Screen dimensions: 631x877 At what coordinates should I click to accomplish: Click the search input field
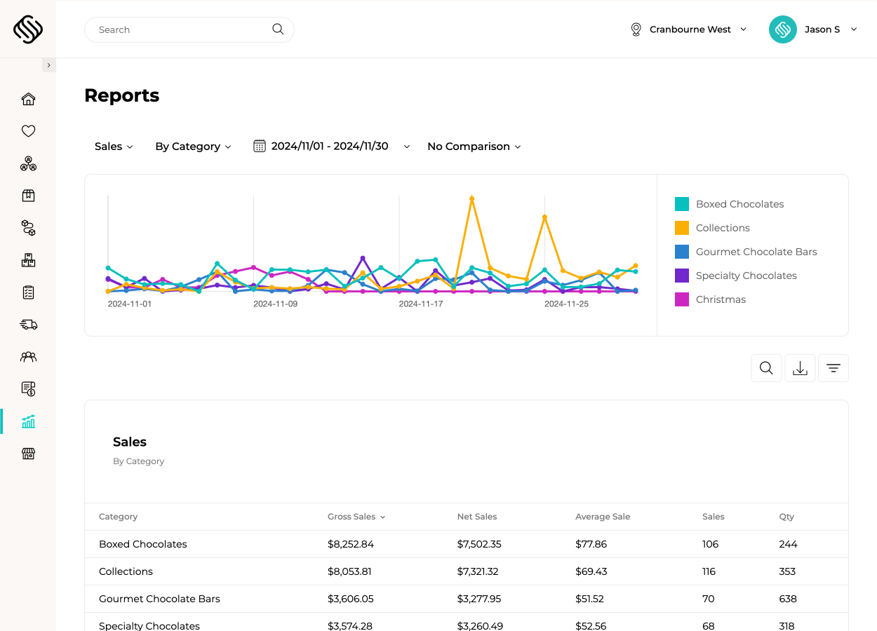(x=182, y=29)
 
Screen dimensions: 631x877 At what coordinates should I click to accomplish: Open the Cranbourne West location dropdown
(x=690, y=29)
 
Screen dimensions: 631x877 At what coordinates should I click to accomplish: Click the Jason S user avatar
(x=782, y=29)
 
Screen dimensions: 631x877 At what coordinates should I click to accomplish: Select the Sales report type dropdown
(x=114, y=147)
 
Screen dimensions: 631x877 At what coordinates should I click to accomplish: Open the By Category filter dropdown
(x=193, y=147)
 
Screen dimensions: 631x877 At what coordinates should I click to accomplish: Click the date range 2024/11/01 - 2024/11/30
(x=329, y=147)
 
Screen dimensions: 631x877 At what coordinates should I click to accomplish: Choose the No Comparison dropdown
(x=474, y=147)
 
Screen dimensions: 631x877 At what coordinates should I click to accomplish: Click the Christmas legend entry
(x=720, y=299)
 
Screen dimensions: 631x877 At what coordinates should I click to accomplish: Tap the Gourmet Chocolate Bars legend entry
(x=756, y=252)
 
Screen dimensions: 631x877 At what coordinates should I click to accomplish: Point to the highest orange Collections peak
(x=471, y=198)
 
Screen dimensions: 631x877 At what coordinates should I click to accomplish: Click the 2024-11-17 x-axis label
(x=421, y=304)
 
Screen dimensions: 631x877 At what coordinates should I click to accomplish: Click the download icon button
(x=800, y=368)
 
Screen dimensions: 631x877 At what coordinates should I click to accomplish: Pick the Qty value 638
(x=788, y=599)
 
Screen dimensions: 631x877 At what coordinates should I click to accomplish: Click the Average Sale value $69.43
(x=590, y=571)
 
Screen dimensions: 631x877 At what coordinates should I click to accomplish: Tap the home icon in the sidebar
(x=28, y=99)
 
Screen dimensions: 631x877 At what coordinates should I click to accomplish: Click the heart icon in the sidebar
(x=28, y=131)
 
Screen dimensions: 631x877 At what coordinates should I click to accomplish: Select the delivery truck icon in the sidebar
(x=28, y=325)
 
